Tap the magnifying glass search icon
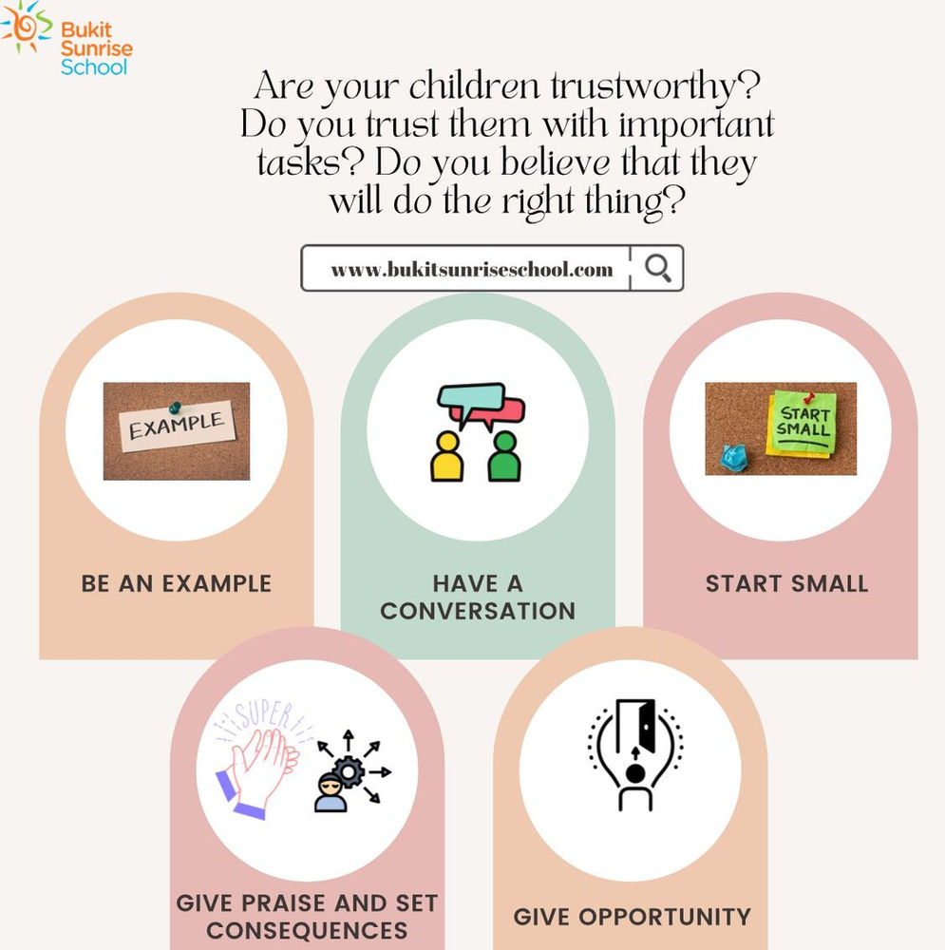(657, 268)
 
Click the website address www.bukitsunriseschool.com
(472, 269)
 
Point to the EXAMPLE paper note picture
(177, 430)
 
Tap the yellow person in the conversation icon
(445, 457)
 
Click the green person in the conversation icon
(503, 457)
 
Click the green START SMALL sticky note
(803, 423)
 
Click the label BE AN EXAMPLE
(177, 583)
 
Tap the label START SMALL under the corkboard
(786, 583)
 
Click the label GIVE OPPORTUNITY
(632, 917)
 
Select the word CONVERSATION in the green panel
(478, 610)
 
